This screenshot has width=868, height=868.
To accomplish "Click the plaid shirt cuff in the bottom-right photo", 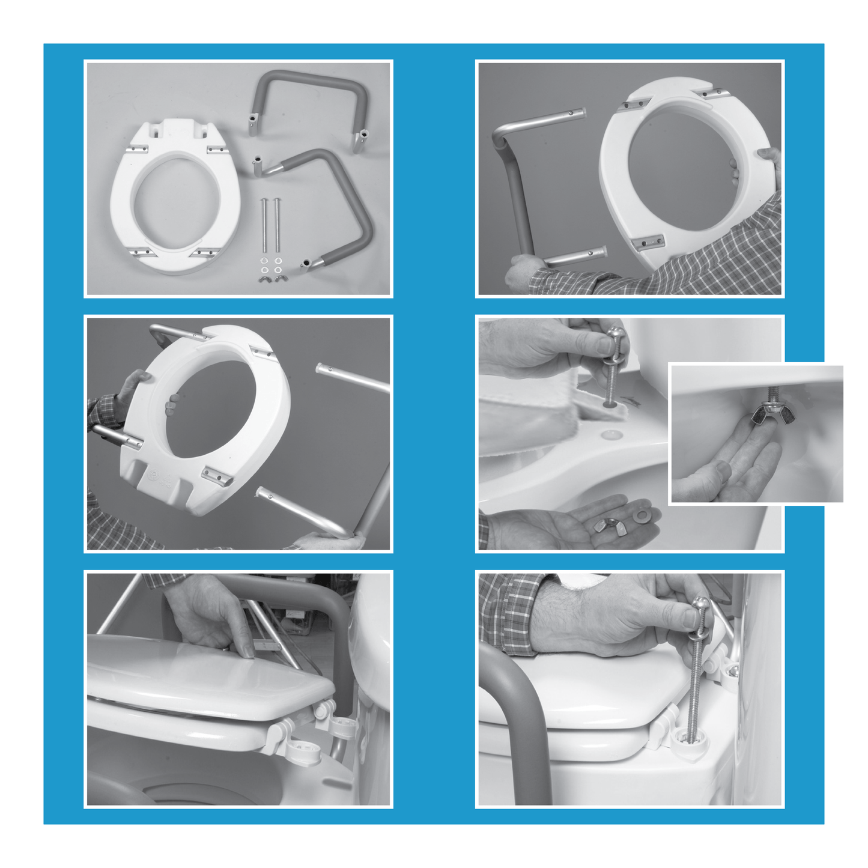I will coord(511,613).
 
